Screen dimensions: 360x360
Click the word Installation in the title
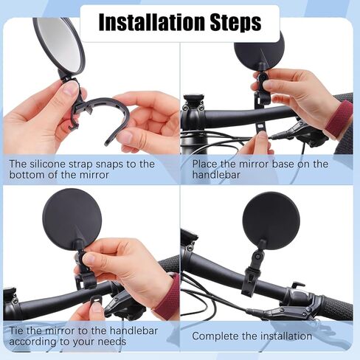152,22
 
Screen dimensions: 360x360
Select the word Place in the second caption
205,164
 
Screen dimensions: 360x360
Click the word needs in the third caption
112,342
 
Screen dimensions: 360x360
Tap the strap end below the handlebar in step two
261,128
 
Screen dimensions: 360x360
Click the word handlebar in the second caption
216,175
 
